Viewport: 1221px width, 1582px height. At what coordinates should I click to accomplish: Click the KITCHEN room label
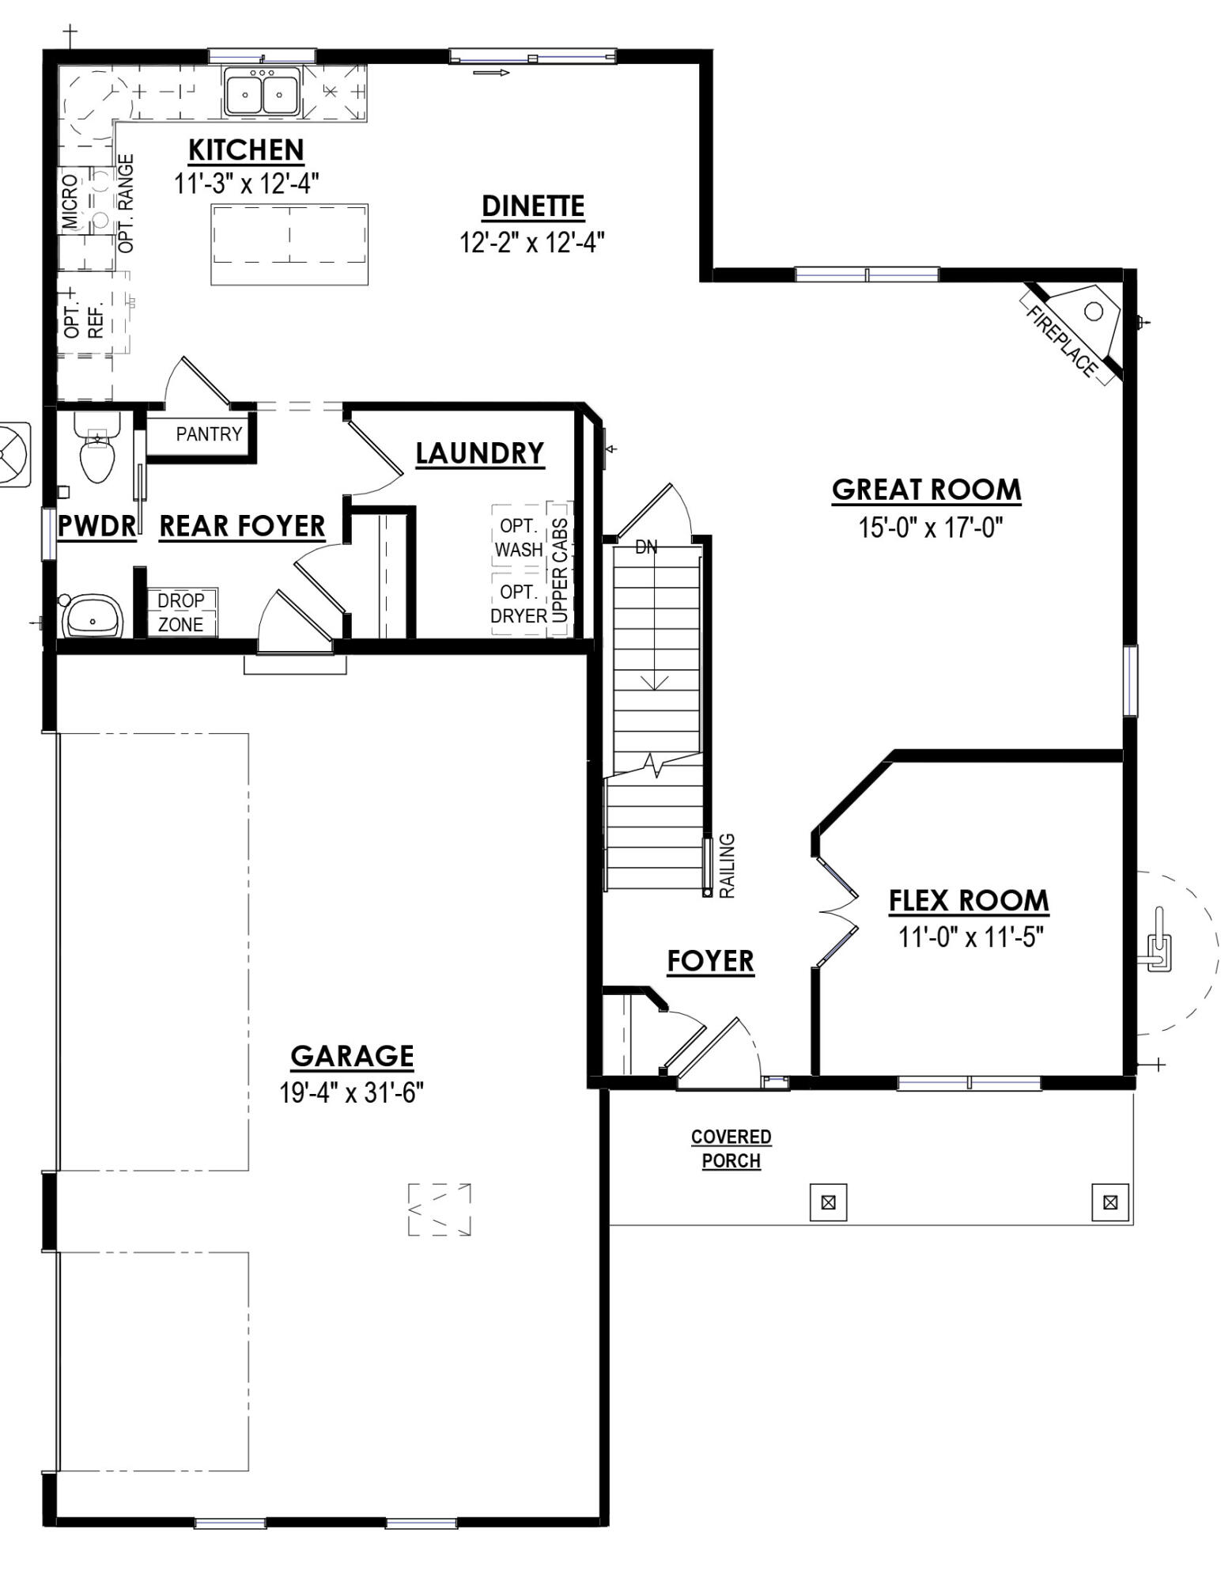click(246, 149)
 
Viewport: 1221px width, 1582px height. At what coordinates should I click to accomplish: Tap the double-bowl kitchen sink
click(261, 93)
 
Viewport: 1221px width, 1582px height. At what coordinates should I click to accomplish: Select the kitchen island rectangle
click(289, 244)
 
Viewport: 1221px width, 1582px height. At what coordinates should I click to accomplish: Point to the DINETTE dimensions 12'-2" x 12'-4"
click(532, 242)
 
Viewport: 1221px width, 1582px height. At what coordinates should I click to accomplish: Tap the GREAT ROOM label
click(926, 490)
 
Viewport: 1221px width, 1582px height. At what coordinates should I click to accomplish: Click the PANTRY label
click(209, 434)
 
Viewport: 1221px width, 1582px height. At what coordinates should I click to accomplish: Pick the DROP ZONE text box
click(180, 612)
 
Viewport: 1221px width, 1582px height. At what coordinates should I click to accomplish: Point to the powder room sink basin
click(93, 616)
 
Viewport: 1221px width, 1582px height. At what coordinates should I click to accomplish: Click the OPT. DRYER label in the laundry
click(519, 604)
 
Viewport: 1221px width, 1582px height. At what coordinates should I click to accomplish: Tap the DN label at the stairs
click(646, 547)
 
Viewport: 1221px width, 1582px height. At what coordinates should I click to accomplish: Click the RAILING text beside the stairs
click(728, 865)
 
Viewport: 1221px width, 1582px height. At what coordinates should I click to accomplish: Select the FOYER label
click(710, 961)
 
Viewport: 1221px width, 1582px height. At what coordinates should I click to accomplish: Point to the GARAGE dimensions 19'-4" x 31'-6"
click(351, 1093)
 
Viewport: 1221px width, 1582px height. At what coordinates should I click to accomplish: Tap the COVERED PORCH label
click(731, 1149)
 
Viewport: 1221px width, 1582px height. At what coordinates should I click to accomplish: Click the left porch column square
click(828, 1202)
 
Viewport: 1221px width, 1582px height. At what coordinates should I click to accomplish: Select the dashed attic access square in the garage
click(440, 1209)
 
